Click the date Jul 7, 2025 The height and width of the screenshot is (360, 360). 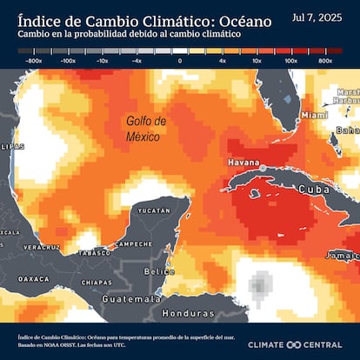coord(322,17)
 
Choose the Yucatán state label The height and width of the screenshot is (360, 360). coord(154,211)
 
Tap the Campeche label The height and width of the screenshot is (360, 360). coord(133,244)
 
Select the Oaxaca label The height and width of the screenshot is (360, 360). coord(34,279)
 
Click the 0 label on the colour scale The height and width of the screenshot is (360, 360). coord(180,62)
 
